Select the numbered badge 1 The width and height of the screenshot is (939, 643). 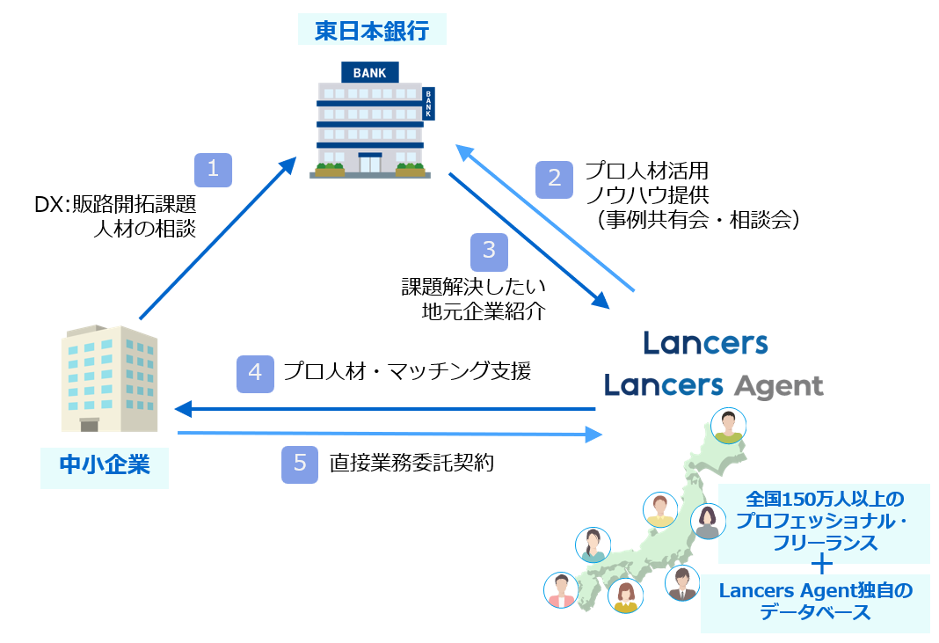tap(213, 170)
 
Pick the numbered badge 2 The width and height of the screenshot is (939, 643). tap(554, 179)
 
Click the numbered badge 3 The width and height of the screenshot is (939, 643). tap(489, 252)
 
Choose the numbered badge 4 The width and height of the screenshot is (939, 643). tap(255, 372)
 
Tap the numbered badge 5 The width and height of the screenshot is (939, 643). tap(300, 464)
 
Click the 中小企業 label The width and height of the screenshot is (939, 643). tap(105, 464)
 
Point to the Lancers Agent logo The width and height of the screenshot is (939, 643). tap(713, 385)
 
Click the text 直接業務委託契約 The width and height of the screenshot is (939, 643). tap(411, 463)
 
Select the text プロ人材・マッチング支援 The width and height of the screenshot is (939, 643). tap(407, 371)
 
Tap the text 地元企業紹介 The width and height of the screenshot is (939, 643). tap(484, 311)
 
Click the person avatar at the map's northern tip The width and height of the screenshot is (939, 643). tap(728, 426)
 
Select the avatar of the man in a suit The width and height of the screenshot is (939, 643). tap(681, 583)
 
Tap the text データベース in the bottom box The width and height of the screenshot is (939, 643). tap(816, 612)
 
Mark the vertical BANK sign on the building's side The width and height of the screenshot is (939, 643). tap(428, 104)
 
